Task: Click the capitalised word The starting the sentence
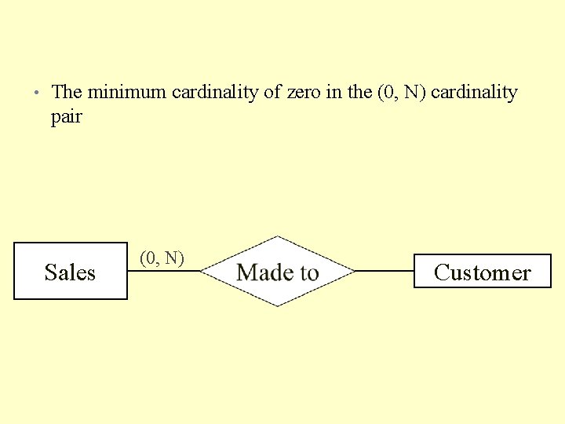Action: pos(67,93)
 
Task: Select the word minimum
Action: pos(126,93)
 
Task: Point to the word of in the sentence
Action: pos(272,93)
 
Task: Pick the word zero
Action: pos(304,93)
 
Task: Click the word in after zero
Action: pos(333,93)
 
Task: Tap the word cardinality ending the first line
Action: pos(475,93)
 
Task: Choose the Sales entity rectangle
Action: pos(71,272)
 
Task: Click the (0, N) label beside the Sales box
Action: pos(162,258)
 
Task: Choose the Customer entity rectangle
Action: pos(482,272)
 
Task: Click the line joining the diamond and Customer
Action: pos(385,271)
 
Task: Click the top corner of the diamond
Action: pos(277,237)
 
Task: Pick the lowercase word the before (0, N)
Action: pos(359,93)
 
